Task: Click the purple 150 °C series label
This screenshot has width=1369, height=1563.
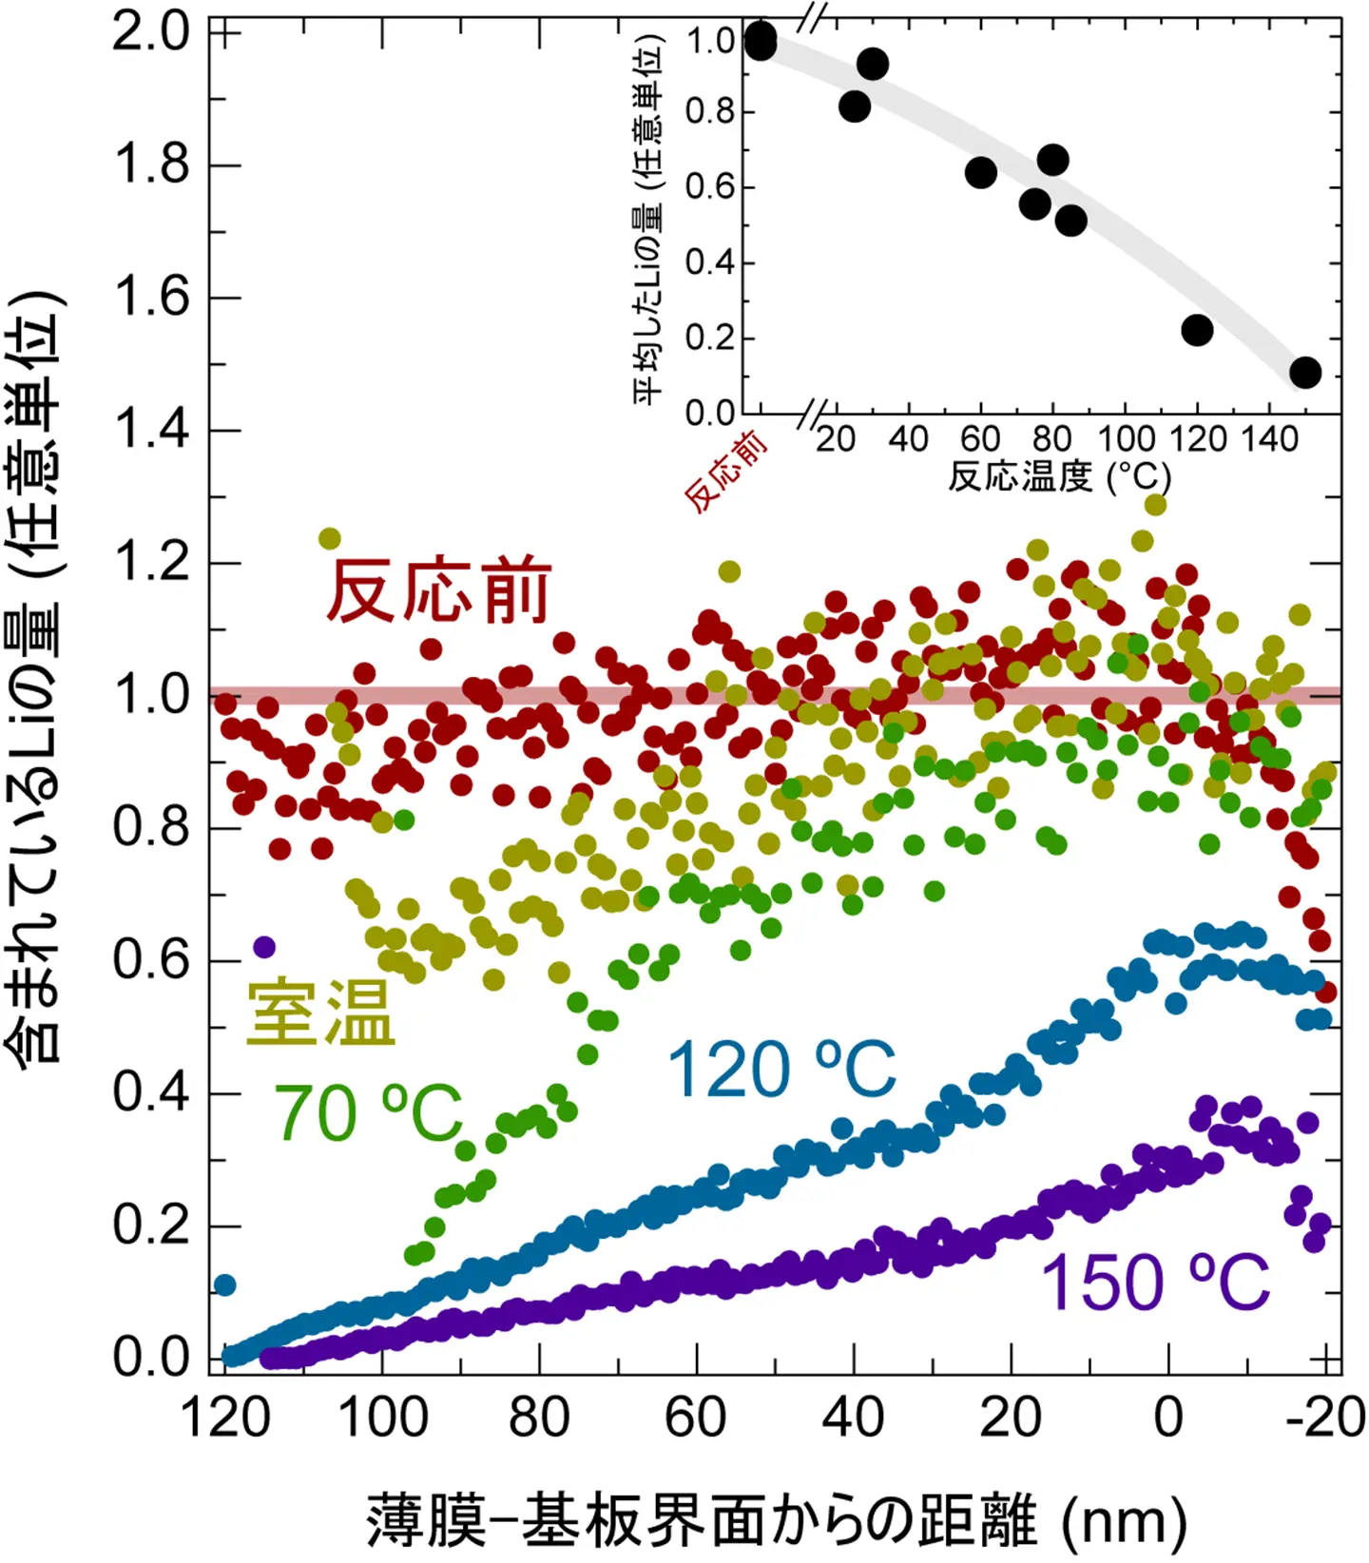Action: [1155, 1282]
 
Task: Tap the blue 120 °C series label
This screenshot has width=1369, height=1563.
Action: [781, 1069]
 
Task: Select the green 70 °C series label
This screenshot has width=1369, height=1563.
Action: [368, 1112]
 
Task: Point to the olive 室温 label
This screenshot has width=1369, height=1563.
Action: [320, 1013]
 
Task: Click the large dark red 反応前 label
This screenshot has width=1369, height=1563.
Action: [438, 591]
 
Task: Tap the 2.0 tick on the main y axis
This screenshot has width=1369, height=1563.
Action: [152, 33]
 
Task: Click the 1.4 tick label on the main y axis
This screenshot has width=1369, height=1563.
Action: [152, 431]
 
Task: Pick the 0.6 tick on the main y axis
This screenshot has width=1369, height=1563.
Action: [152, 960]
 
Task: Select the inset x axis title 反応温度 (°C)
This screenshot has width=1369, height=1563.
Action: [1059, 475]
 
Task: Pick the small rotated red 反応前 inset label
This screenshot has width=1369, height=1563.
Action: [725, 472]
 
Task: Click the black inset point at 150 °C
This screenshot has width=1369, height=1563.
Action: [1305, 373]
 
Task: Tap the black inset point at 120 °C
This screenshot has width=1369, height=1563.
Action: [1197, 330]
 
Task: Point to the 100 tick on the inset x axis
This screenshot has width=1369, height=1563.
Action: [1126, 439]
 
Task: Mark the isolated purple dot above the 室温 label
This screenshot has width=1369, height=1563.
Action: [264, 947]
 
